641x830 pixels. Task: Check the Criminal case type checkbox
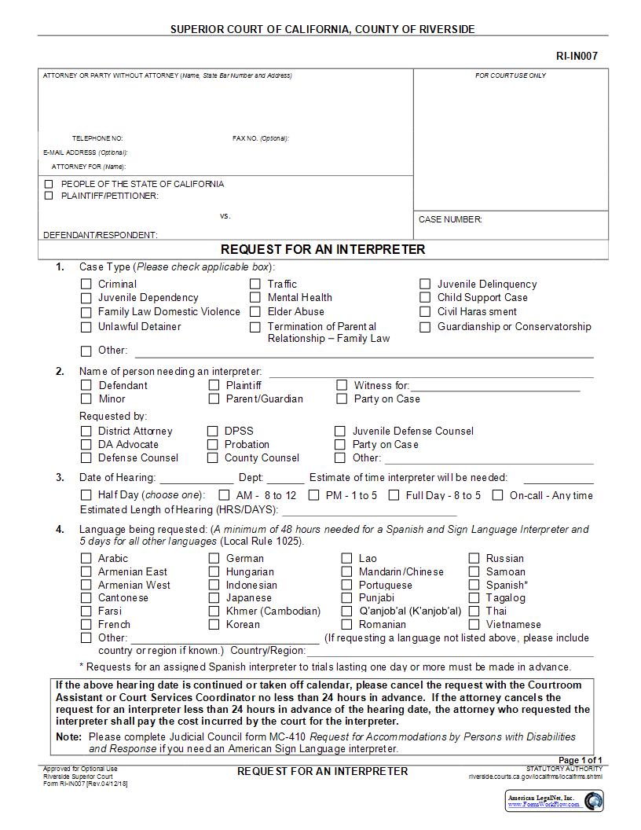(86, 285)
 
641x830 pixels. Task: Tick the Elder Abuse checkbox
(255, 312)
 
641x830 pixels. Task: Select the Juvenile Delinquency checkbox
(425, 285)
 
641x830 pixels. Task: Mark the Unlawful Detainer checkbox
(86, 327)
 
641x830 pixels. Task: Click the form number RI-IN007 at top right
(582, 56)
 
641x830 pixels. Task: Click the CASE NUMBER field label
(450, 220)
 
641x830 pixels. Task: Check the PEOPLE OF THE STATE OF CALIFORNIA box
(49, 184)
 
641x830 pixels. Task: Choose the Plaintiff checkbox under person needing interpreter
(214, 385)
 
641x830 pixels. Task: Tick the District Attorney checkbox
(86, 432)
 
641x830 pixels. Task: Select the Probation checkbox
(213, 445)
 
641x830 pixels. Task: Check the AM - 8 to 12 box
(224, 495)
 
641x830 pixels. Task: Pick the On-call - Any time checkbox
(497, 495)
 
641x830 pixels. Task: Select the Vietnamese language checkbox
(474, 625)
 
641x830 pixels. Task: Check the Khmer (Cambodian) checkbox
(214, 611)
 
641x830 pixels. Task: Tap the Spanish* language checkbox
(474, 585)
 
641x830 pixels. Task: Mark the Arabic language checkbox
(86, 559)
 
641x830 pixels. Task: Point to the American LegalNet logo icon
(595, 801)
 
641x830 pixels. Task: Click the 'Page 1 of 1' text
(580, 760)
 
